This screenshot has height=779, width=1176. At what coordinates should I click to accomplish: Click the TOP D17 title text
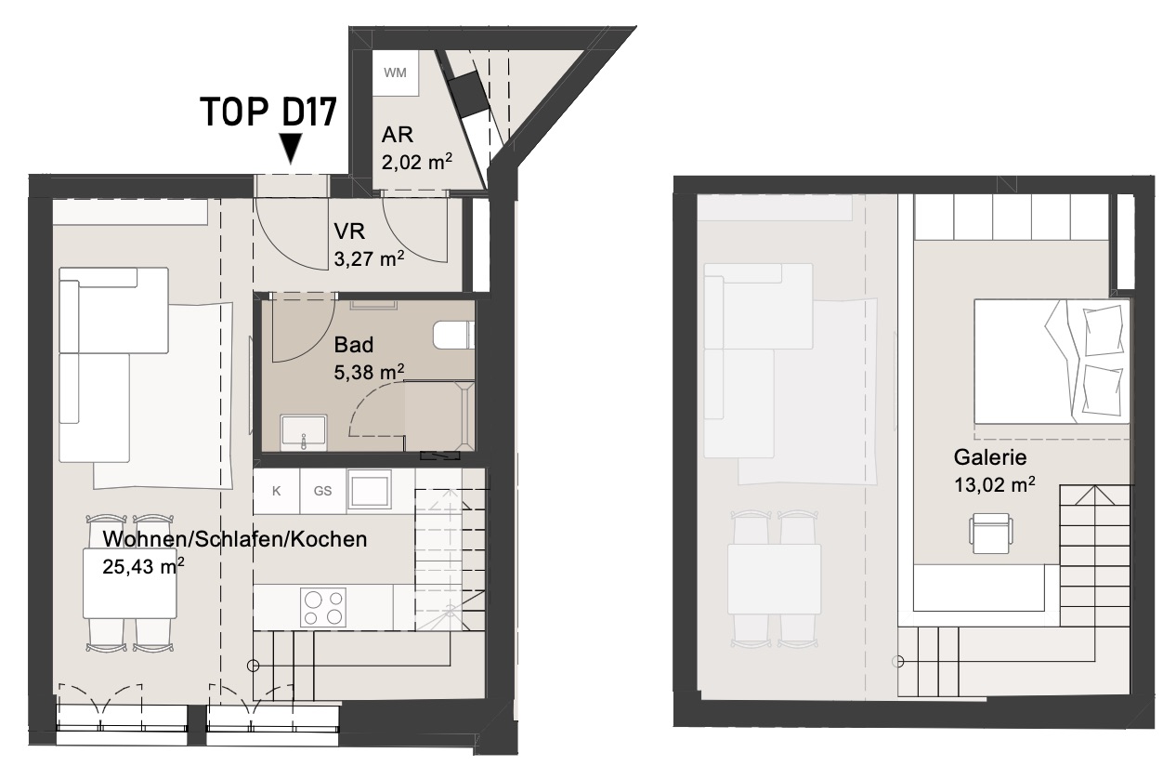point(268,112)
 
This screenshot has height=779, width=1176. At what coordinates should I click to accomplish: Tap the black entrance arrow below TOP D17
point(291,148)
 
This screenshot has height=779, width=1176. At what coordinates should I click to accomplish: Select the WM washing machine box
point(396,73)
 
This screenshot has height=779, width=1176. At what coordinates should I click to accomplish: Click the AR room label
point(397,135)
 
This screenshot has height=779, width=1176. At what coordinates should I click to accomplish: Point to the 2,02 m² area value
point(417,163)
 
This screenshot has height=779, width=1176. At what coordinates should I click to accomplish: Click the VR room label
point(349,231)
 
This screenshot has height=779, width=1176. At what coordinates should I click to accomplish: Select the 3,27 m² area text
point(369,258)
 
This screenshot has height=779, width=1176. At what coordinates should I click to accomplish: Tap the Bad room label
point(354,345)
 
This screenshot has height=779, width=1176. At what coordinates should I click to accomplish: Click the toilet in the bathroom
point(453,336)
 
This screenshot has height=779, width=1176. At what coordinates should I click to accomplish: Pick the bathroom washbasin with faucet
point(304,433)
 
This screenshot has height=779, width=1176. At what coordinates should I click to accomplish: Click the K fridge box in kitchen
point(276,491)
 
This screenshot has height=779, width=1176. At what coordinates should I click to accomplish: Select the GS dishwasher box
point(323,491)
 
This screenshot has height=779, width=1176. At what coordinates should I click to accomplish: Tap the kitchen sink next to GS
point(370,490)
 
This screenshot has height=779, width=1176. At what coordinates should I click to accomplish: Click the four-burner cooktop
point(323,607)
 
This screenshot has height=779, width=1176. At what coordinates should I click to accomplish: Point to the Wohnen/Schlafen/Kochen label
point(235,539)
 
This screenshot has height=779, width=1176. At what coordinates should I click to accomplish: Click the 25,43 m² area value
point(143,567)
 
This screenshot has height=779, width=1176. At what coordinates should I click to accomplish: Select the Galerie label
point(990,457)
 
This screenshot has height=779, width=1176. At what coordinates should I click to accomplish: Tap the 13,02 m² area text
point(994,484)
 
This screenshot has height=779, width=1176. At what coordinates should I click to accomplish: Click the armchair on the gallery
point(990,534)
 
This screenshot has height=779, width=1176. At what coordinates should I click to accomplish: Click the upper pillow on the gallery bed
point(1103,331)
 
